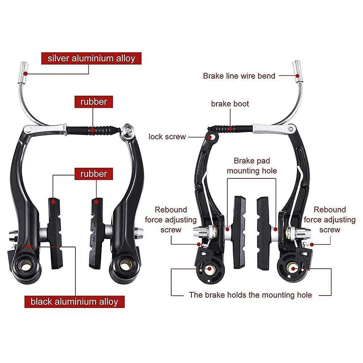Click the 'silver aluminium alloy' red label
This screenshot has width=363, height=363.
click(91, 58)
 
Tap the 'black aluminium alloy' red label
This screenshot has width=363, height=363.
click(75, 302)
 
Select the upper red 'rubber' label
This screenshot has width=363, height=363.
click(94, 102)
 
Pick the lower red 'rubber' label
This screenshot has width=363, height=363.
click(94, 174)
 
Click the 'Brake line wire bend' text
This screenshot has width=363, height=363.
click(239, 76)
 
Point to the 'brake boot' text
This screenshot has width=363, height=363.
click(230, 104)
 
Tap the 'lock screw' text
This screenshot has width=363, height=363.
click(167, 137)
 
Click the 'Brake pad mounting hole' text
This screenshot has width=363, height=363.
click(252, 166)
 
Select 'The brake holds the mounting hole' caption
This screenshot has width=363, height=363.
click(251, 295)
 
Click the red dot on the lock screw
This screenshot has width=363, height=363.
click(210, 137)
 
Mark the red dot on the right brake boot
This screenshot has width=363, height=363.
click(230, 129)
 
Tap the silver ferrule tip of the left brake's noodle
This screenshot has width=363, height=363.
click(23, 73)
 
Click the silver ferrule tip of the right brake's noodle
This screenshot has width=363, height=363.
click(298, 71)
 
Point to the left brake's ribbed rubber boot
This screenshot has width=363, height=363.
click(93, 130)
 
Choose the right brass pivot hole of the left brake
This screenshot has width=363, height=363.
click(125, 265)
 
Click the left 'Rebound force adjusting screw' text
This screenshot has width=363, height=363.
click(171, 220)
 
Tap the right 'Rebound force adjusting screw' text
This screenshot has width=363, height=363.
click(330, 220)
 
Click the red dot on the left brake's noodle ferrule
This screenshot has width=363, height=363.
click(26, 74)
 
